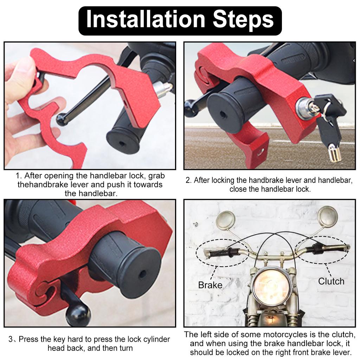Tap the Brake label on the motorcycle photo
click(x=210, y=285)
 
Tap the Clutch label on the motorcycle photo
click(x=331, y=281)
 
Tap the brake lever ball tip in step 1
click(x=62, y=120)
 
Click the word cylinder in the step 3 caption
click(x=142, y=340)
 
